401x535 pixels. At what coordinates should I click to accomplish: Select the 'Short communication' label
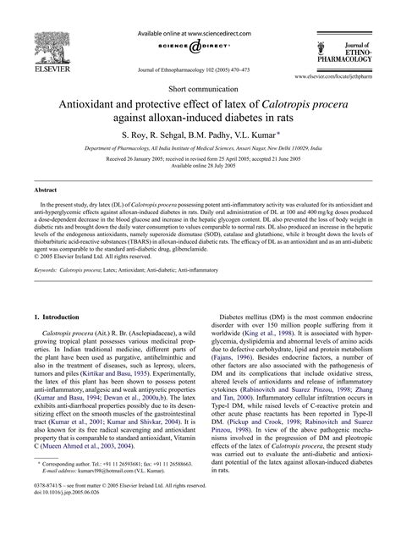pos(200,87)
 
